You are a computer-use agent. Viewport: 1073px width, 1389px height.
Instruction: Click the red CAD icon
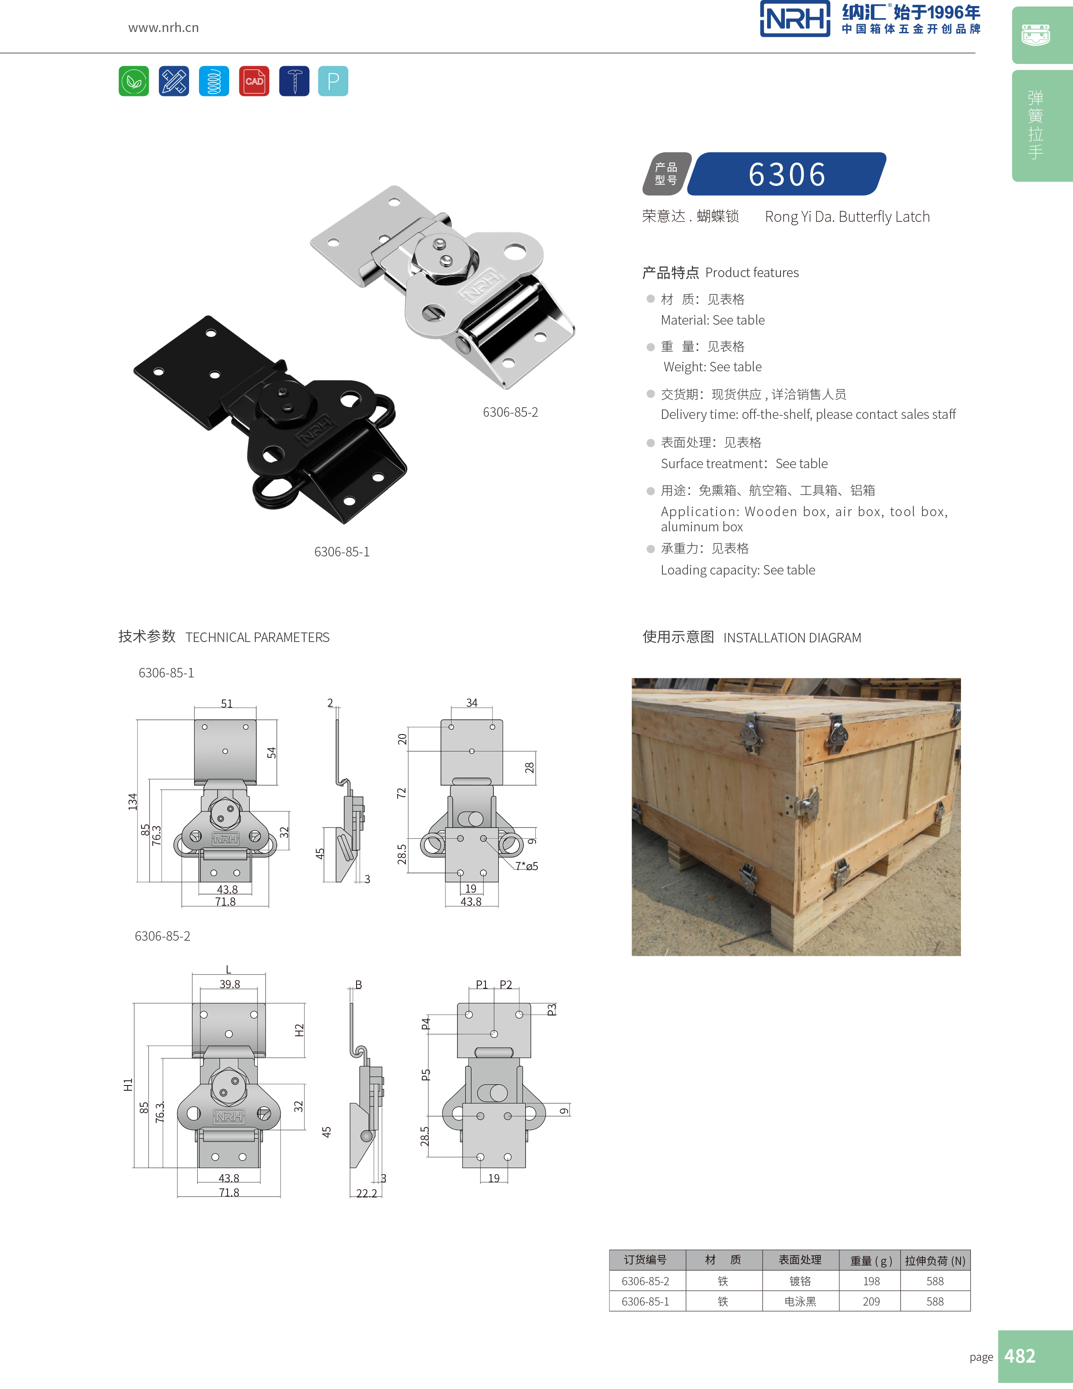click(x=254, y=81)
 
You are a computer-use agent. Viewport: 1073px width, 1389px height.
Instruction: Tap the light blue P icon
click(x=333, y=81)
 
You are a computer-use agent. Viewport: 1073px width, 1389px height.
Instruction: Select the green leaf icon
click(x=134, y=81)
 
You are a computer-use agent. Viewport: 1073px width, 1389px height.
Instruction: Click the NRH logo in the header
click(x=795, y=19)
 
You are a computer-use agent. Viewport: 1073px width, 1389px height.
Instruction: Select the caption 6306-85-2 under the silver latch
click(x=511, y=412)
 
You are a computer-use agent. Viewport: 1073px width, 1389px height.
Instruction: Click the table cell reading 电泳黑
click(x=800, y=1301)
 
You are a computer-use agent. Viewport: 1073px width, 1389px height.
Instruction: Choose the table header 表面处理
click(x=800, y=1259)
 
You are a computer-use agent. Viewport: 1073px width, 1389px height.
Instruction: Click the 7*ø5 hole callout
click(x=527, y=865)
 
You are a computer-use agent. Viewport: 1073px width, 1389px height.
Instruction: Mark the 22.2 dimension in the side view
click(x=366, y=1193)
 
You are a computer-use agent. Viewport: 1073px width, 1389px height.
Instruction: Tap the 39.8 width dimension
click(x=230, y=984)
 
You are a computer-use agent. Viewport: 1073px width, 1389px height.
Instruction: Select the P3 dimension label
click(x=552, y=1009)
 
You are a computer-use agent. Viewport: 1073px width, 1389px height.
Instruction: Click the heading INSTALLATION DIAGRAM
click(x=792, y=637)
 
